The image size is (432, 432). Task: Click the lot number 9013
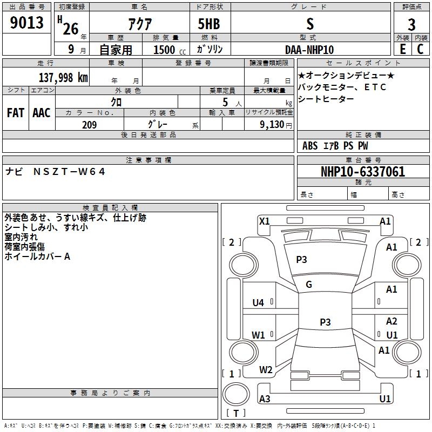click(x=27, y=23)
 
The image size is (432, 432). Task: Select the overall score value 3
click(x=411, y=24)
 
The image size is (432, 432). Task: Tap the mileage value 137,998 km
click(x=63, y=77)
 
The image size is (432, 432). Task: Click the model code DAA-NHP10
click(x=309, y=49)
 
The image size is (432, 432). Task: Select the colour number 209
click(x=89, y=125)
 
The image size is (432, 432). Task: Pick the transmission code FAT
click(x=15, y=113)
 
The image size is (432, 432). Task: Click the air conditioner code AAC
click(x=42, y=113)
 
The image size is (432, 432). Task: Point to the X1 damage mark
click(x=265, y=221)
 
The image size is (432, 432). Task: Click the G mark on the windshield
click(x=309, y=285)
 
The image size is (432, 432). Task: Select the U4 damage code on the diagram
click(x=258, y=303)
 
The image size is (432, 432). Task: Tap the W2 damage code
click(x=266, y=370)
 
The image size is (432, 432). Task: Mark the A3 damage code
click(x=265, y=399)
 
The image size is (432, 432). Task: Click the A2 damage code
click(x=391, y=321)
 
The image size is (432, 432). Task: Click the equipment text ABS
click(x=310, y=146)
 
